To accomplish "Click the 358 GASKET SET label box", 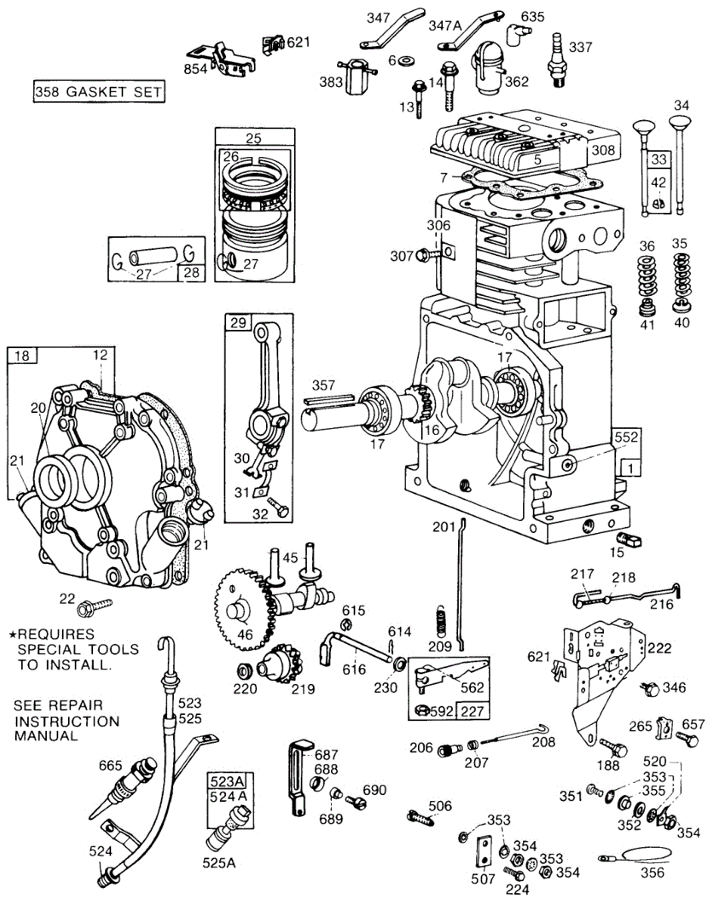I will pos(98,92).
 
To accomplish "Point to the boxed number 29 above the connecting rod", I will pos(238,322).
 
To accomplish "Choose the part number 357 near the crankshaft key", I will pos(323,387).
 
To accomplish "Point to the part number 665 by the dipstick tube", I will pos(110,766).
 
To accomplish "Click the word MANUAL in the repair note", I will pos(46,735).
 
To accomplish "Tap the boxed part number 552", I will pos(627,436).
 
